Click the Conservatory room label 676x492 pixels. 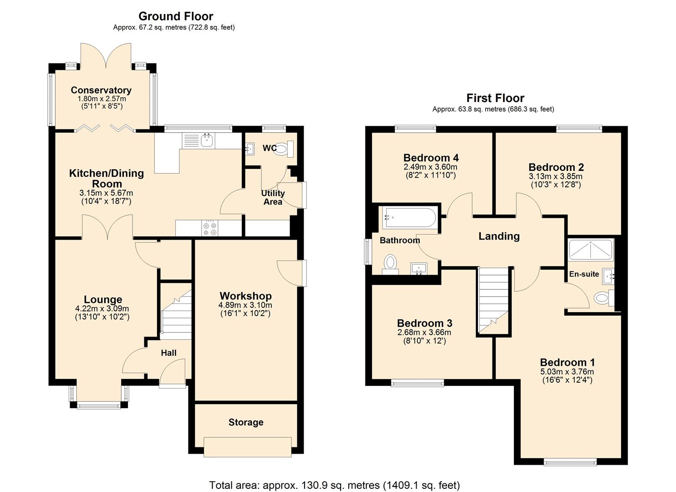101,90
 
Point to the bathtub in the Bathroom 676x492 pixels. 408,218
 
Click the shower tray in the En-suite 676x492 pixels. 591,250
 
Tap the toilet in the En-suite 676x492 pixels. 603,298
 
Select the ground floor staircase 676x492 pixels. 176,313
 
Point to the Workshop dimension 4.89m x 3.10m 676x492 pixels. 245,305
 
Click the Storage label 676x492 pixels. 246,422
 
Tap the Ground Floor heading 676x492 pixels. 176,16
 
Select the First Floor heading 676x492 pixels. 495,98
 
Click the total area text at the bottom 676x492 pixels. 335,485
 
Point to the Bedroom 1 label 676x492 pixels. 567,363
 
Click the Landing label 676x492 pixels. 499,236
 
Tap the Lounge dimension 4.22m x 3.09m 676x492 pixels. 102,308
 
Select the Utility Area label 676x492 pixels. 273,197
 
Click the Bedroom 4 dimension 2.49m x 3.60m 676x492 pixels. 431,167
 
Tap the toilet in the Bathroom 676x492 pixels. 390,263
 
